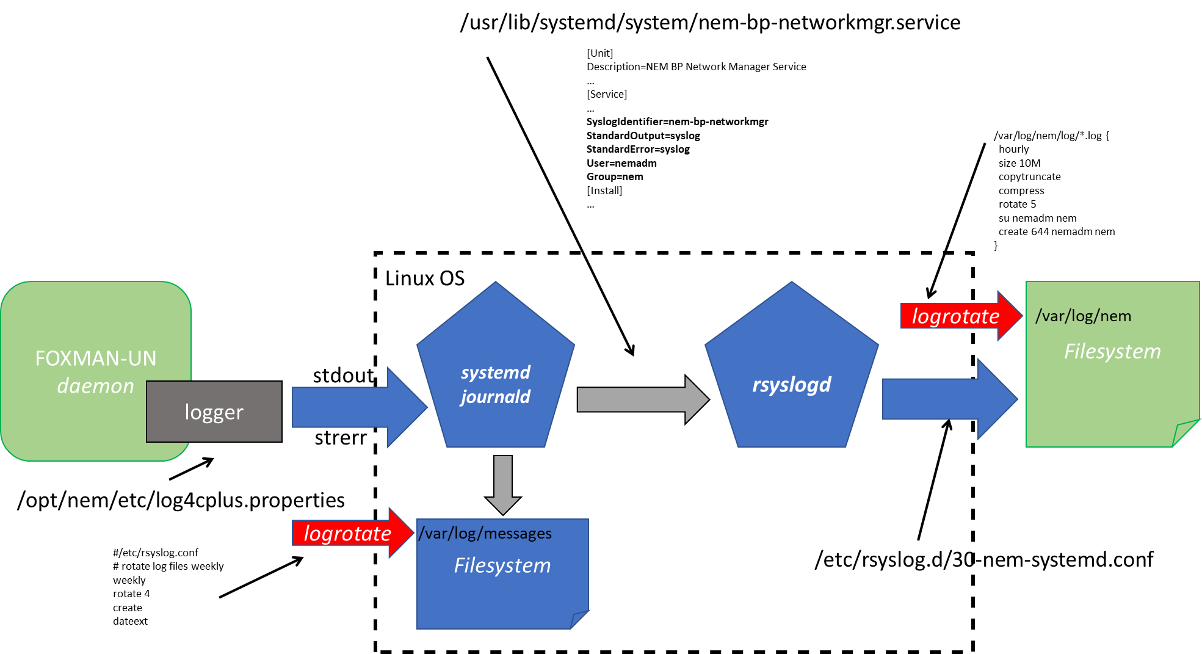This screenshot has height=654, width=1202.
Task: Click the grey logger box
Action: point(214,412)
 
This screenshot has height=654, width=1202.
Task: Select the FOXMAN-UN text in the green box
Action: point(96,358)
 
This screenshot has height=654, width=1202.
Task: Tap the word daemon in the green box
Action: point(96,387)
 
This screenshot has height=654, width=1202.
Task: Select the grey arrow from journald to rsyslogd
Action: point(635,399)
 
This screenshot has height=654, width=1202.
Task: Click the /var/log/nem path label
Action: point(1084,316)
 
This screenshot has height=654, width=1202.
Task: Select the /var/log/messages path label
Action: point(485,534)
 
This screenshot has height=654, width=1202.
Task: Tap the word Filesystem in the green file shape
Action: point(1112,352)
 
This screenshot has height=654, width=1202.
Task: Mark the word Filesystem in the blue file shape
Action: point(502,565)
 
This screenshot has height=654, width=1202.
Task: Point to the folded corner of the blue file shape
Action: point(579,619)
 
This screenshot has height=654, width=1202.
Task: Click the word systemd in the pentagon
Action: point(496,372)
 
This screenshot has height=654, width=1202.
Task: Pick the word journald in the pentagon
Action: point(496,397)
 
